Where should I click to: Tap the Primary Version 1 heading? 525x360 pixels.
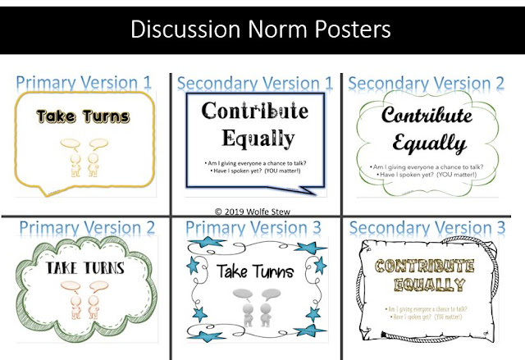tap(84, 82)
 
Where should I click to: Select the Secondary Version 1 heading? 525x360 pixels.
tap(255, 82)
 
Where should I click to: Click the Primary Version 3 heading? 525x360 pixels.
tap(255, 226)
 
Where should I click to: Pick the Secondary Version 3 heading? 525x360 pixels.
tap(431, 226)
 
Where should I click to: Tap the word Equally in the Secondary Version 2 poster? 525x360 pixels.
tap(430, 145)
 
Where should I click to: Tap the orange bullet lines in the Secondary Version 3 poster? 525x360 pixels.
tap(428, 312)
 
